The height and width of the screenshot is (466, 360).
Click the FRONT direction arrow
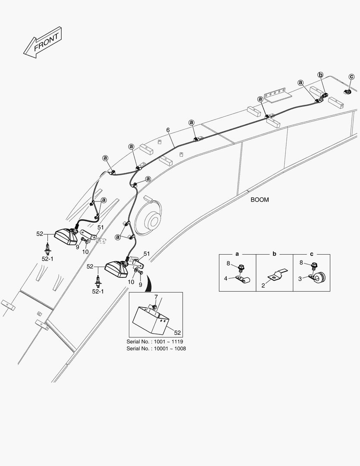pyautogui.click(x=43, y=42)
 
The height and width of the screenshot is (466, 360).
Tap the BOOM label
pyautogui.click(x=260, y=200)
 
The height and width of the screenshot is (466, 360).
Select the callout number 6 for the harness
pyautogui.click(x=168, y=130)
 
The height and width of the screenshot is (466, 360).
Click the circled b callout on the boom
pyautogui.click(x=320, y=75)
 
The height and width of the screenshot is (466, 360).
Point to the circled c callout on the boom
pyautogui.click(x=351, y=77)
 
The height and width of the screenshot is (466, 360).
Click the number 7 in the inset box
pyautogui.click(x=156, y=297)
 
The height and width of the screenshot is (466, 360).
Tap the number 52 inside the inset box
pyautogui.click(x=177, y=333)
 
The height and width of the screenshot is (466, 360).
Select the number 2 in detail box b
pyautogui.click(x=263, y=286)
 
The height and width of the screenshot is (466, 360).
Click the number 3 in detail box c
pyautogui.click(x=300, y=279)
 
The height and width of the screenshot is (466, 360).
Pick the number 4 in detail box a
pyautogui.click(x=226, y=278)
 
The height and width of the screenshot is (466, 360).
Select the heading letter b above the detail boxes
pyautogui.click(x=274, y=254)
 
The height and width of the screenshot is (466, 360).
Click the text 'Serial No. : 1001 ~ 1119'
pyautogui.click(x=155, y=342)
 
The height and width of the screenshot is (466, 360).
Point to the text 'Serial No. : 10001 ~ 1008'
pyautogui.click(x=156, y=349)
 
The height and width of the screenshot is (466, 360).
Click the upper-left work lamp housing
pyautogui.click(x=66, y=237)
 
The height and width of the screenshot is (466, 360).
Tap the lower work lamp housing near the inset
pyautogui.click(x=116, y=269)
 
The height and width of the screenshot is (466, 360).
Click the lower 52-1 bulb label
pyautogui.click(x=98, y=292)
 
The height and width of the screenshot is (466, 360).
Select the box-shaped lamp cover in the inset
pyautogui.click(x=150, y=319)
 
